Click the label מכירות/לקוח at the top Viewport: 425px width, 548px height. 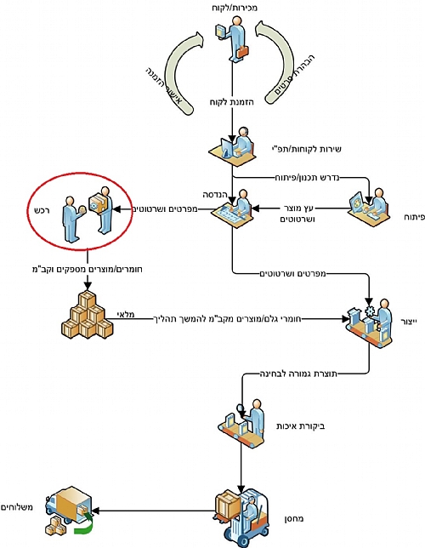click(x=235, y=8)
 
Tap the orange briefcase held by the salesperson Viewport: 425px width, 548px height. click(x=242, y=52)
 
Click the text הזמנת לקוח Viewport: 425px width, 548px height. click(x=232, y=102)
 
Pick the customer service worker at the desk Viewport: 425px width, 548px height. click(x=232, y=146)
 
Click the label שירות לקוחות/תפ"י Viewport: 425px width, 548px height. click(x=306, y=149)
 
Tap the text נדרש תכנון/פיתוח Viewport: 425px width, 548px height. click(x=307, y=178)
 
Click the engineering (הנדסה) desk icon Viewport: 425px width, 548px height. click(x=233, y=208)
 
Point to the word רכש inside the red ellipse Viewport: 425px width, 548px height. click(x=43, y=209)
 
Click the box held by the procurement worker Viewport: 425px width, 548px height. click(x=95, y=204)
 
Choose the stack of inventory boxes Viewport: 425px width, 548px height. click(x=88, y=315)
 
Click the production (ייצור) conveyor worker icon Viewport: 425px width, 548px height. click(x=369, y=323)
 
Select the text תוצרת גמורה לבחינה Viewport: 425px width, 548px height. click(x=299, y=374)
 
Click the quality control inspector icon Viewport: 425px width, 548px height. click(x=241, y=423)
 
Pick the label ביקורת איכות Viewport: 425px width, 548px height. click(x=301, y=426)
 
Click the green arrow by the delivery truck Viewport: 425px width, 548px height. click(x=84, y=524)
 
